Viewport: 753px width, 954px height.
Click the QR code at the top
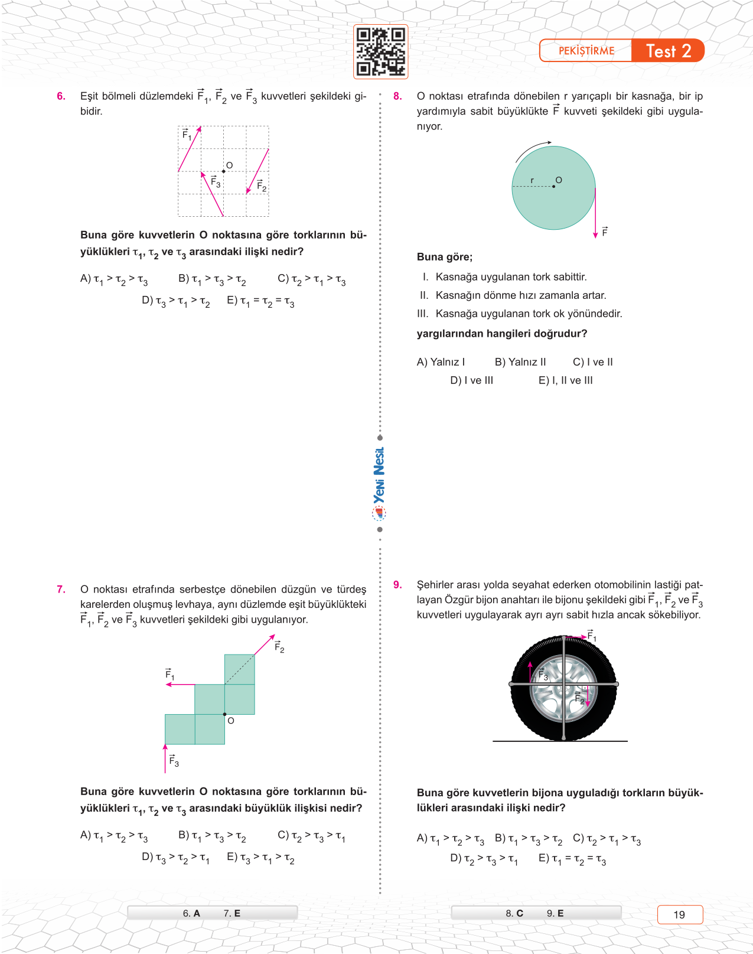click(381, 51)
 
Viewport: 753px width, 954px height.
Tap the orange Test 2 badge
click(668, 51)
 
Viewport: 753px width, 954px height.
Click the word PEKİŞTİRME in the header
click(586, 51)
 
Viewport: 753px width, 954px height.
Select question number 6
click(61, 96)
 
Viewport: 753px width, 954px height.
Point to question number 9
click(397, 585)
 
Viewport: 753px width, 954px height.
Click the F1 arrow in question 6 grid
click(190, 149)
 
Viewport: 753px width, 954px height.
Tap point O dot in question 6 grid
click(223, 171)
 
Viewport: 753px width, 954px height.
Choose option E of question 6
click(260, 301)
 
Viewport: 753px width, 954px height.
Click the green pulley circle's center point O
click(553, 187)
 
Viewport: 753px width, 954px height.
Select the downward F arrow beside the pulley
click(595, 213)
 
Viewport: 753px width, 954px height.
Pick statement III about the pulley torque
click(520, 314)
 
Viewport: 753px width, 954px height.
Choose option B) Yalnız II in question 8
click(520, 362)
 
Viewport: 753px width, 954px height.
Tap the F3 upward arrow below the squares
click(165, 758)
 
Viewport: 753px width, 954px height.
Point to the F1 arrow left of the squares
click(180, 684)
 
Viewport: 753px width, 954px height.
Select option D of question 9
click(484, 859)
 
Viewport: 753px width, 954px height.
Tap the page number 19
click(680, 914)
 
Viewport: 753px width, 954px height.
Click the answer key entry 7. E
click(232, 913)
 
